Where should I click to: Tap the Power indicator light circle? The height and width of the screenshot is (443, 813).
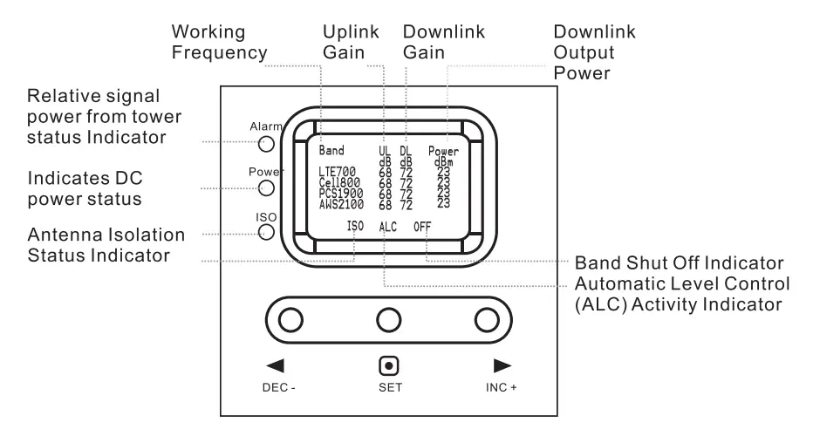[266, 187]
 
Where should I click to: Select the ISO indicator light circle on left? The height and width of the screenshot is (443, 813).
[266, 232]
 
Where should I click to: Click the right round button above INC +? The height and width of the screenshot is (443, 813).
[486, 320]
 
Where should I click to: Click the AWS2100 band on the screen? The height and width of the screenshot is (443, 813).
[342, 205]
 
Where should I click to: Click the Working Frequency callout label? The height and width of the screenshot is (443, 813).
[219, 43]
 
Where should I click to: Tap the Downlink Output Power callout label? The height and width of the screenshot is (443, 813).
[595, 53]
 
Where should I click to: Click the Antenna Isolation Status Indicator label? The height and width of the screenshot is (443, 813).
[106, 245]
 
